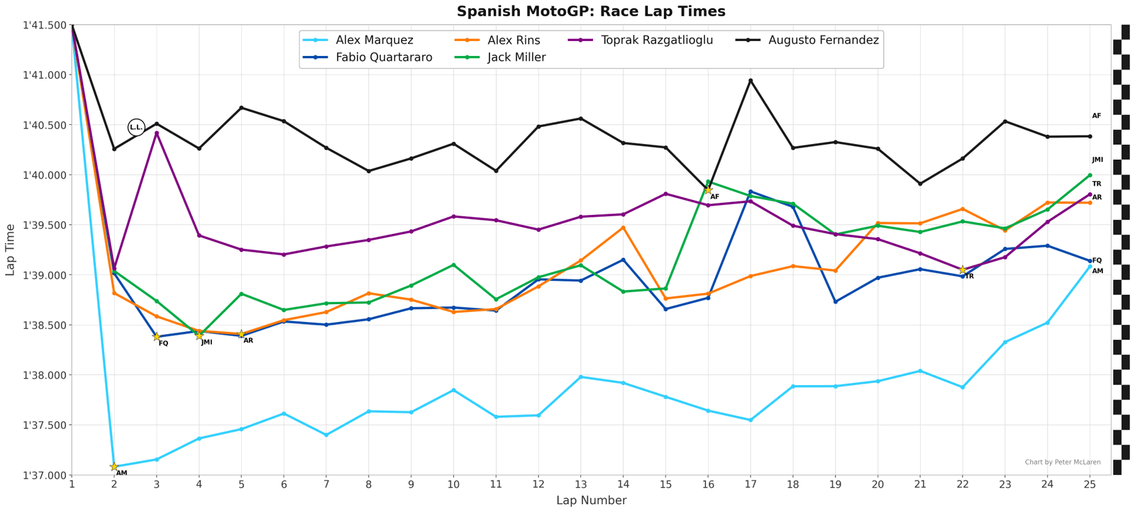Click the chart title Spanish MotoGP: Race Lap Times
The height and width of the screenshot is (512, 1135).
coord(591,11)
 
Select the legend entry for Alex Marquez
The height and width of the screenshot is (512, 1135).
coord(374,40)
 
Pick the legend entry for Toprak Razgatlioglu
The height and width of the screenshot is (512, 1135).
coord(656,40)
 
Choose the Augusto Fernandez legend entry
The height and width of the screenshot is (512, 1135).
coord(823,40)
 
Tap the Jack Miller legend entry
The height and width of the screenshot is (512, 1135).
coord(516,57)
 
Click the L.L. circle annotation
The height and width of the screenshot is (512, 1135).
coord(136,127)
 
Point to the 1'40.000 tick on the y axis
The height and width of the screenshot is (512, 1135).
coord(45,175)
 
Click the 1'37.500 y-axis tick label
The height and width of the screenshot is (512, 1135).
coord(45,425)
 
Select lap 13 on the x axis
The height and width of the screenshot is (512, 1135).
coord(581,484)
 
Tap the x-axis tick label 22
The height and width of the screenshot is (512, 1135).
coord(963,484)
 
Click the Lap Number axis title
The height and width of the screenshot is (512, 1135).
coord(591,501)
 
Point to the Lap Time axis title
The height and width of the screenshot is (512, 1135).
coord(10,250)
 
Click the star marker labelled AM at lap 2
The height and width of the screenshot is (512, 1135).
coord(114,467)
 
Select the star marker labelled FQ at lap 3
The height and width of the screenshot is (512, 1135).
coord(157,337)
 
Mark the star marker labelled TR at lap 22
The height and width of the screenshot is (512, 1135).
coord(963,270)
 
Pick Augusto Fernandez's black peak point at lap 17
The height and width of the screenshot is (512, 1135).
coord(751,81)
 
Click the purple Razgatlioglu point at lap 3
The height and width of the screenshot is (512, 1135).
coord(157,133)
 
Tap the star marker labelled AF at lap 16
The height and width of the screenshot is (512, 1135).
coord(708,190)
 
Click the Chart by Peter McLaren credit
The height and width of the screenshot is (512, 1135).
coord(1063,462)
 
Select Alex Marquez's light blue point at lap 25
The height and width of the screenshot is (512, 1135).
coord(1090,267)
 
